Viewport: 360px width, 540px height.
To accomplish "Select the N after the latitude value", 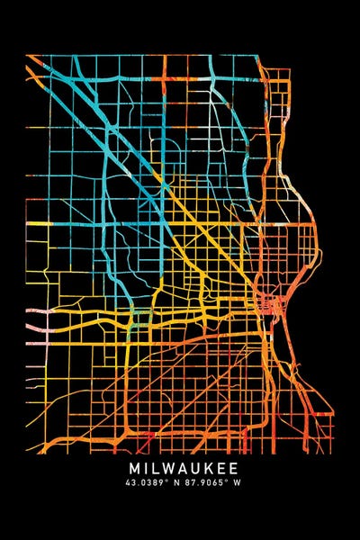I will click(179, 483).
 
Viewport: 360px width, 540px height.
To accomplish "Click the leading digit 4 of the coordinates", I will click(131, 483).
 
